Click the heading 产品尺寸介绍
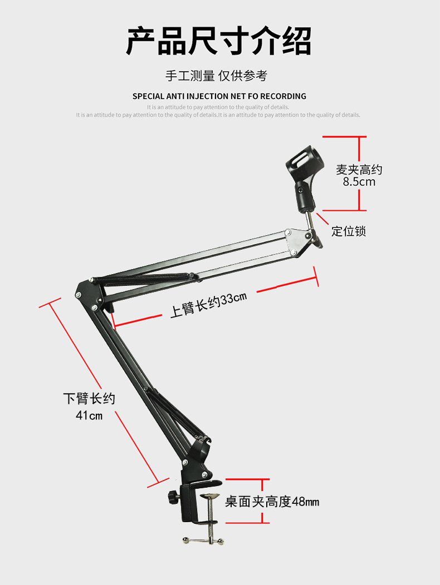click(218, 41)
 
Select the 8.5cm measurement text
click(359, 182)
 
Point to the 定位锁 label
click(349, 231)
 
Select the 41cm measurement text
click(89, 415)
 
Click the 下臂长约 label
click(89, 399)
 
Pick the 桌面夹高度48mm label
click(272, 502)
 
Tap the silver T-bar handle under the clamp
click(202, 540)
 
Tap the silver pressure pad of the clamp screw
click(210, 495)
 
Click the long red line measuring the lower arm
click(106, 390)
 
